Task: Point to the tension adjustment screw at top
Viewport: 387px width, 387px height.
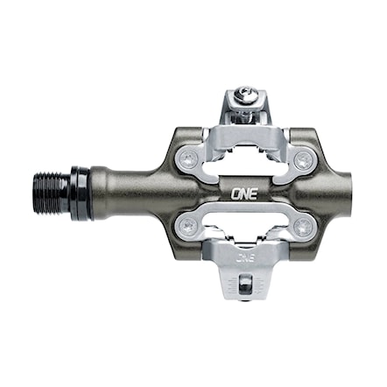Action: [x=246, y=99]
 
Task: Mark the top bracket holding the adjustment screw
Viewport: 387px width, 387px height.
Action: [x=246, y=112]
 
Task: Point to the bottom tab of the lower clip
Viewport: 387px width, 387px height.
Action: [x=246, y=280]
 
